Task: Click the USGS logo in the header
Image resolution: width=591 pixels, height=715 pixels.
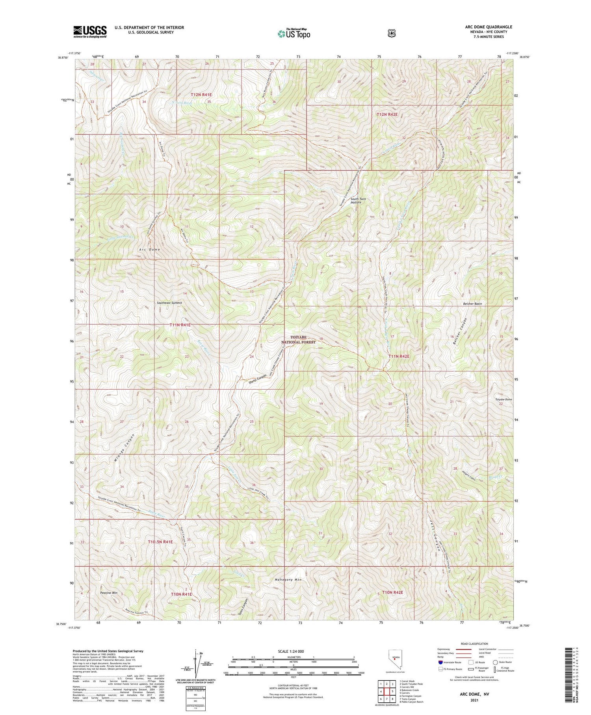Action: point(90,32)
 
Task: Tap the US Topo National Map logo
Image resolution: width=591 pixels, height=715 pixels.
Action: point(294,34)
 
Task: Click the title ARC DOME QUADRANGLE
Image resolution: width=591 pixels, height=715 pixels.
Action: point(488,27)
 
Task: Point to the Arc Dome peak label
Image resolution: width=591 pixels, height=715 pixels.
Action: point(149,250)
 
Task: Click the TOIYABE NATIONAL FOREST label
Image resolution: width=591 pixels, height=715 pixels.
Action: point(303,340)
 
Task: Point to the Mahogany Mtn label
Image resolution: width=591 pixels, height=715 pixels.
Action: point(288,580)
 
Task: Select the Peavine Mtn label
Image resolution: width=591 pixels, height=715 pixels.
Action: point(109,593)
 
